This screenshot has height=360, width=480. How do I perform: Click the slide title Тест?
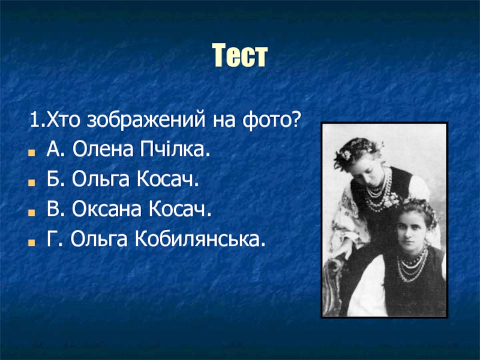point(240,55)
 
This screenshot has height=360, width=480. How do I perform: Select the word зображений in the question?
point(146,120)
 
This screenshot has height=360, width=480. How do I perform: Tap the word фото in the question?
point(267,120)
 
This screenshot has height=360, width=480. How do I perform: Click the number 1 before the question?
point(34,120)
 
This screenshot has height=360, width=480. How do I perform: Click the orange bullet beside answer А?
point(31,152)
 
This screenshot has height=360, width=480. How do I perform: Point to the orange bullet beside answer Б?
point(31,182)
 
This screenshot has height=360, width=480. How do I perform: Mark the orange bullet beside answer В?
point(31,212)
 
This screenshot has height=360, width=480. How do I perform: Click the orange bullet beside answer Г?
point(31,242)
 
